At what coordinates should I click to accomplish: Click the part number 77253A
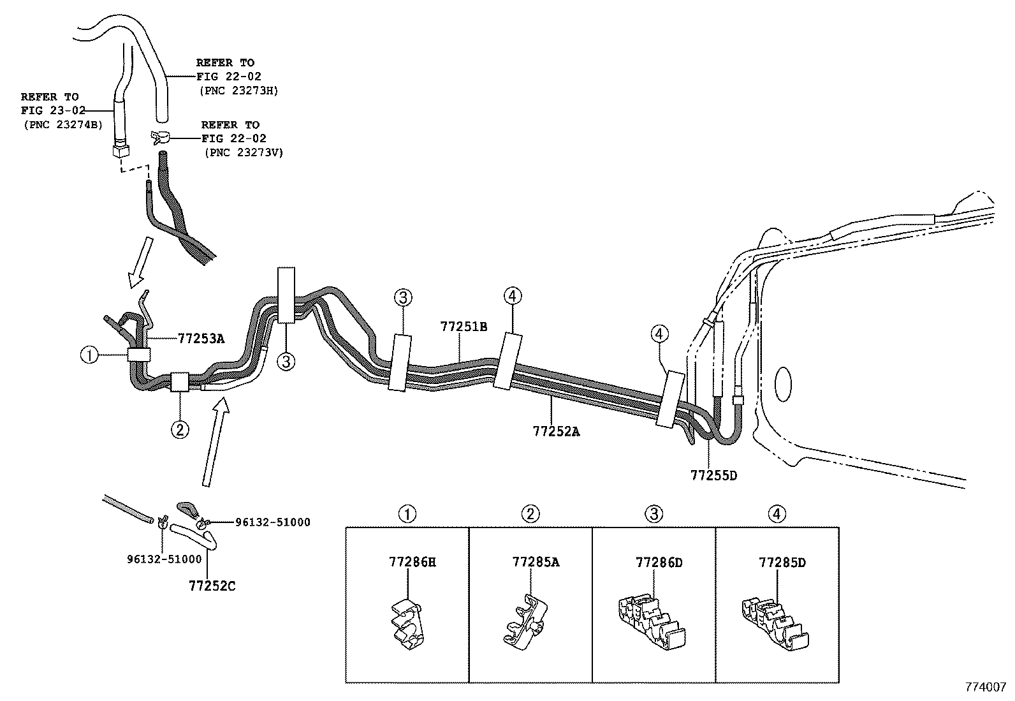click(x=201, y=339)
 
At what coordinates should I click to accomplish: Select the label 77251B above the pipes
click(x=464, y=327)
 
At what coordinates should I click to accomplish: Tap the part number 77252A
click(x=556, y=431)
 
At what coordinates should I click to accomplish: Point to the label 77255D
click(x=713, y=475)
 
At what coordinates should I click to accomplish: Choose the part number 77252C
click(x=212, y=585)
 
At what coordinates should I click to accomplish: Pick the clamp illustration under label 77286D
click(x=650, y=625)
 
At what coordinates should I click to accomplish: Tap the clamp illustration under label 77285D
click(x=774, y=625)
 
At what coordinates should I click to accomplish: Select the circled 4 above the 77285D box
click(x=777, y=513)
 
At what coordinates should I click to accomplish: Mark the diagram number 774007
click(x=986, y=687)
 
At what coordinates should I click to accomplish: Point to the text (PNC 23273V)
click(x=244, y=152)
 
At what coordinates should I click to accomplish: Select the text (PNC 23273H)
click(x=238, y=90)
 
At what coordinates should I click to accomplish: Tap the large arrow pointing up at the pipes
click(x=214, y=440)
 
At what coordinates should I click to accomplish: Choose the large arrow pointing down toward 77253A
click(x=141, y=261)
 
